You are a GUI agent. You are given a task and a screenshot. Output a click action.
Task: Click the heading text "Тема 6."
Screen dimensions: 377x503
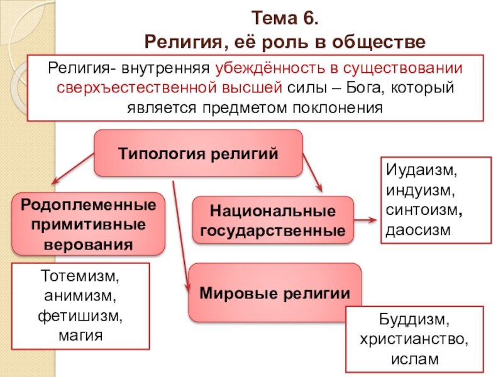(285, 17)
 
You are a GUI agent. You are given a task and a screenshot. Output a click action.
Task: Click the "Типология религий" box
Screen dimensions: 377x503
(198, 153)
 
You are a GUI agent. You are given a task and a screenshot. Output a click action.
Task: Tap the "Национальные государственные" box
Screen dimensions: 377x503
(273, 220)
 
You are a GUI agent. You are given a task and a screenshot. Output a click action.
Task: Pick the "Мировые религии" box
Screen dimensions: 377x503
(275, 292)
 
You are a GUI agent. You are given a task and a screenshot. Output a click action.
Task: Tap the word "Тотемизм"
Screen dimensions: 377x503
(82, 276)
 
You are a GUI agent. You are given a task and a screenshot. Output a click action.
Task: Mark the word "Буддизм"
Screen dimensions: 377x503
(414, 321)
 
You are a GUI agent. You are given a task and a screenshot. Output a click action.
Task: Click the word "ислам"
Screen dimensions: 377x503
(414, 360)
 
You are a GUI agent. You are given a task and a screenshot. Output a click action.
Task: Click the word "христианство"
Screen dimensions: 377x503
(414, 341)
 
